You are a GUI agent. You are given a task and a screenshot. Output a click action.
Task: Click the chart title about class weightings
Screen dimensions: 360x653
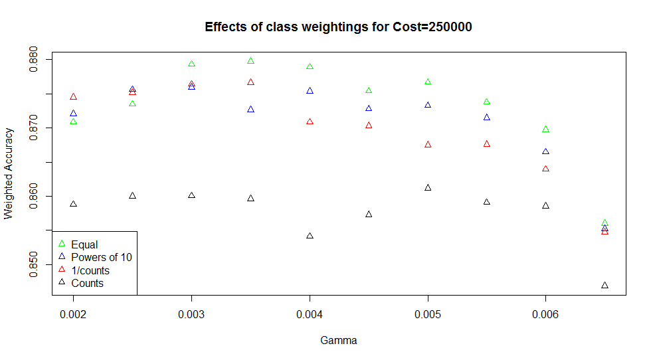[338, 27]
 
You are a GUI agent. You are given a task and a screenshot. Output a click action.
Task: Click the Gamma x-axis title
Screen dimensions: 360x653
[338, 341]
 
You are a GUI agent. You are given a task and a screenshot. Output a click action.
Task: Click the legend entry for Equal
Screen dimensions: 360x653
[84, 245]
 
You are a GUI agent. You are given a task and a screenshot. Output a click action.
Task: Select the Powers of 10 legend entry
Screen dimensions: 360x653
[102, 258]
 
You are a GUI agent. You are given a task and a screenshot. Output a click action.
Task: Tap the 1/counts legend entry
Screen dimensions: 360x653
[90, 270]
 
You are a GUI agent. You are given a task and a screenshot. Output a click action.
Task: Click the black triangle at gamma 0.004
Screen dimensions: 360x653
[310, 236]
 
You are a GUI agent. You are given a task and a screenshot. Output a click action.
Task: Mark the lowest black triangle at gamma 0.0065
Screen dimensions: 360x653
[605, 286]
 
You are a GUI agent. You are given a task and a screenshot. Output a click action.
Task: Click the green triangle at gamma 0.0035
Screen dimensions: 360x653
[250, 60]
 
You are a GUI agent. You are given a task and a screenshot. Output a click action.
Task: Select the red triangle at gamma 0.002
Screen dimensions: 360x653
[74, 97]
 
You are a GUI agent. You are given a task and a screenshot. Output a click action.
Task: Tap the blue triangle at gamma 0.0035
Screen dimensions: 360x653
[250, 109]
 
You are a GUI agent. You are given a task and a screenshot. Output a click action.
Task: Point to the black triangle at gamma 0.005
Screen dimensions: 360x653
[428, 187]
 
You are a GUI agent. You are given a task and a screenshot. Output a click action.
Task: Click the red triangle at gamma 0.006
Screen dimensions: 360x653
[545, 169]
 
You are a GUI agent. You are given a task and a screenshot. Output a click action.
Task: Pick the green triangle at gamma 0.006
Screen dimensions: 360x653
[545, 129]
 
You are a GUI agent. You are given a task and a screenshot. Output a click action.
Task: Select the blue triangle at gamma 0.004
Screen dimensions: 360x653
[310, 90]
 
